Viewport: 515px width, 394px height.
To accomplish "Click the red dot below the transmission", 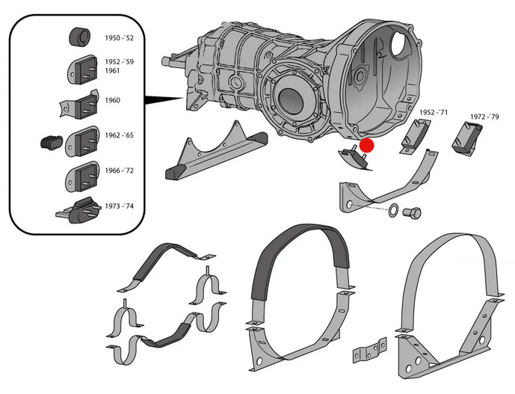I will pos(367,146).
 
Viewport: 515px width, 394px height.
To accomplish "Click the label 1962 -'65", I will pos(119,137).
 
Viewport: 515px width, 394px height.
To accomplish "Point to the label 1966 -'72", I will pos(119,171).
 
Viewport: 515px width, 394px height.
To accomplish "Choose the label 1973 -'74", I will pos(119,205).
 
